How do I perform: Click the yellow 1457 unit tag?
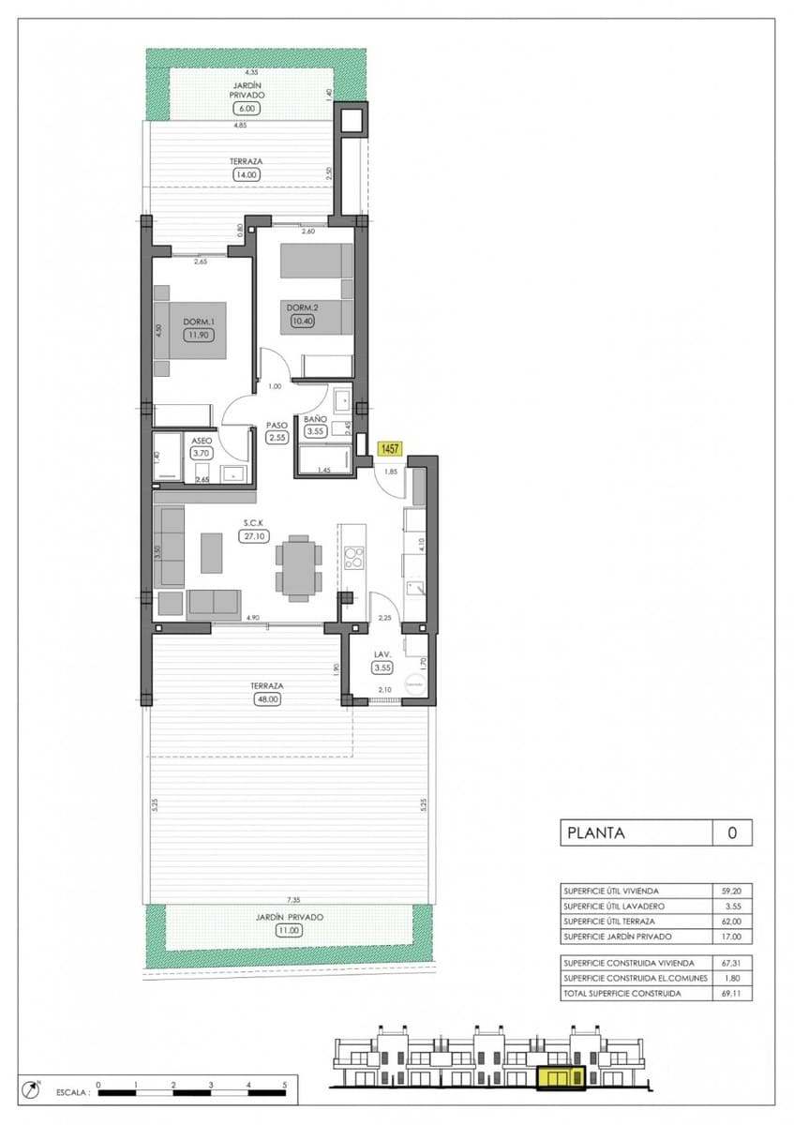coord(390,450)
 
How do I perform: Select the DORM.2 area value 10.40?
coord(301,322)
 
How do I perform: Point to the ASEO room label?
coord(202,440)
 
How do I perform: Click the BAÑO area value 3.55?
coord(314,432)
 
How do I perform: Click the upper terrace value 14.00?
coord(247,174)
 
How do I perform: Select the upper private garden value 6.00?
coord(247,108)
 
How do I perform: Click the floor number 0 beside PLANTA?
coord(732,832)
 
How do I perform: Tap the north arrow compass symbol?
coord(35,1089)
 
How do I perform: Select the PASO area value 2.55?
coord(276,437)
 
